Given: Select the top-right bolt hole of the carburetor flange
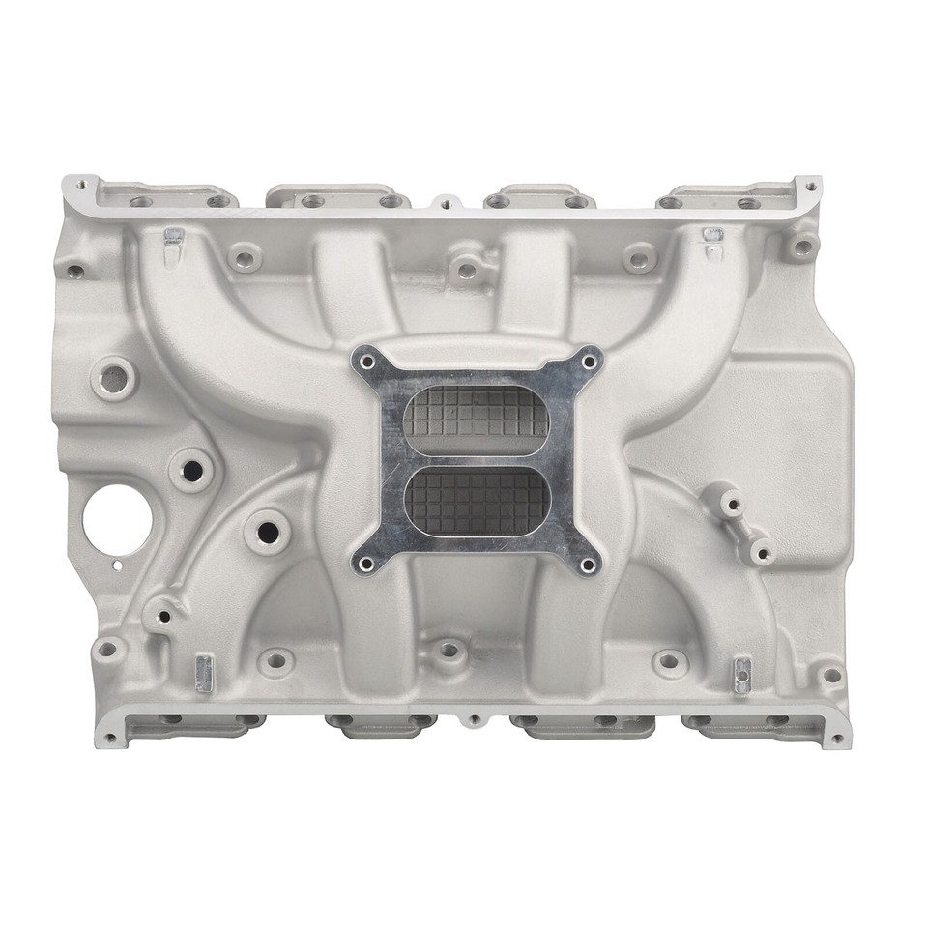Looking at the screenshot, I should tap(586, 361).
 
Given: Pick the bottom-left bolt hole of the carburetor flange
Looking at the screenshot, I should tap(366, 563).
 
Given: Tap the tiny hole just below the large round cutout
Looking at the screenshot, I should tap(117, 565).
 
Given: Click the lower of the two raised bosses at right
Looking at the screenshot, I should tap(761, 552).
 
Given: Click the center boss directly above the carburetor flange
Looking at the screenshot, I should tap(467, 270).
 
